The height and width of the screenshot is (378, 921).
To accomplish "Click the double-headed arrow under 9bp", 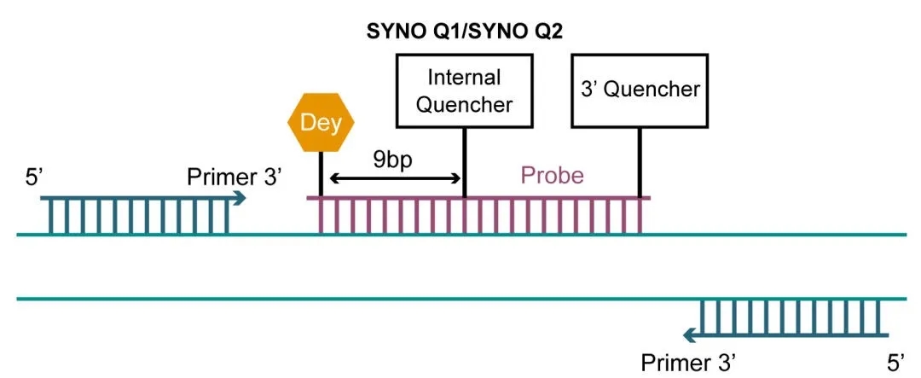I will pyautogui.click(x=395, y=178).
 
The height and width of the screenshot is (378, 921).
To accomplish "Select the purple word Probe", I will pyautogui.click(x=553, y=175).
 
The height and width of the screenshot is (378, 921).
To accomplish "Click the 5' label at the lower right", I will pyautogui.click(x=894, y=362).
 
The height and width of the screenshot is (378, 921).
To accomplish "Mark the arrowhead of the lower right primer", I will pyautogui.click(x=692, y=335).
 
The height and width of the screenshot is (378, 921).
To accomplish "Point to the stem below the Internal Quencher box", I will pyautogui.click(x=464, y=162).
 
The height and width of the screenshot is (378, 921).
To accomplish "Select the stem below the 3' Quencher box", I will pyautogui.click(x=640, y=162).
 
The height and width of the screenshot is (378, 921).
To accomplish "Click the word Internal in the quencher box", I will pyautogui.click(x=464, y=78).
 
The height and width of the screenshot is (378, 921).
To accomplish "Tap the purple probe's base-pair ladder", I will pyautogui.click(x=478, y=215).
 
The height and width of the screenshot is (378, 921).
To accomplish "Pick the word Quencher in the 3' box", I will pyautogui.click(x=652, y=90).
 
